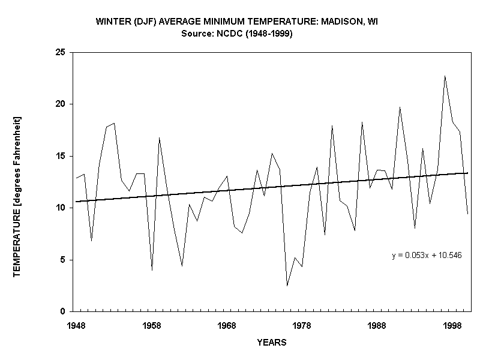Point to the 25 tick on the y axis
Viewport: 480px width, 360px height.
click(61, 53)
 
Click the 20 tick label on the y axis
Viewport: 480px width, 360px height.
click(61, 104)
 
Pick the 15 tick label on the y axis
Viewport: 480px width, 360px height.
click(61, 156)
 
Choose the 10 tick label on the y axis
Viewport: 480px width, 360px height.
click(61, 208)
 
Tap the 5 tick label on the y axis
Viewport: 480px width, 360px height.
click(63, 260)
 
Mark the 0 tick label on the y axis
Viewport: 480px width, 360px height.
click(63, 312)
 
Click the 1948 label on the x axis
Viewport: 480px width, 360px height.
click(76, 325)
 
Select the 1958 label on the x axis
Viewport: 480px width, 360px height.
click(152, 325)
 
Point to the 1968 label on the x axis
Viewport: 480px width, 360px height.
click(227, 325)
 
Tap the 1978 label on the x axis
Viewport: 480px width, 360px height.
click(302, 325)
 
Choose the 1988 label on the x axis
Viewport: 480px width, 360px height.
click(377, 325)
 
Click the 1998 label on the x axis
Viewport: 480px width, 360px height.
click(452, 325)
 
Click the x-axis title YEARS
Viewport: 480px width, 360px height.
click(272, 343)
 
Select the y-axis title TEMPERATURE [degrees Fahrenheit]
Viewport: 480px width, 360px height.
click(17, 197)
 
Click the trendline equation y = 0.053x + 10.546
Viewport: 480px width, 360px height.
click(427, 256)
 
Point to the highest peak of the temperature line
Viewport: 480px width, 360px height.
click(445, 76)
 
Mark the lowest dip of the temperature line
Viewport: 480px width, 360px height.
click(287, 286)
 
